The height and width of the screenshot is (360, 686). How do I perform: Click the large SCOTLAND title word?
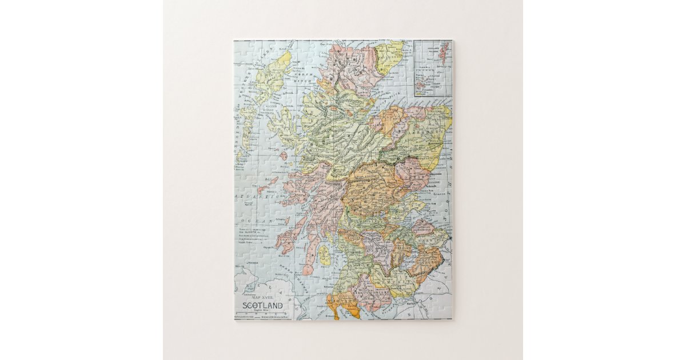pos(262,305)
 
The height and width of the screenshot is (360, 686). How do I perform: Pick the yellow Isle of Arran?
pos(324,255)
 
